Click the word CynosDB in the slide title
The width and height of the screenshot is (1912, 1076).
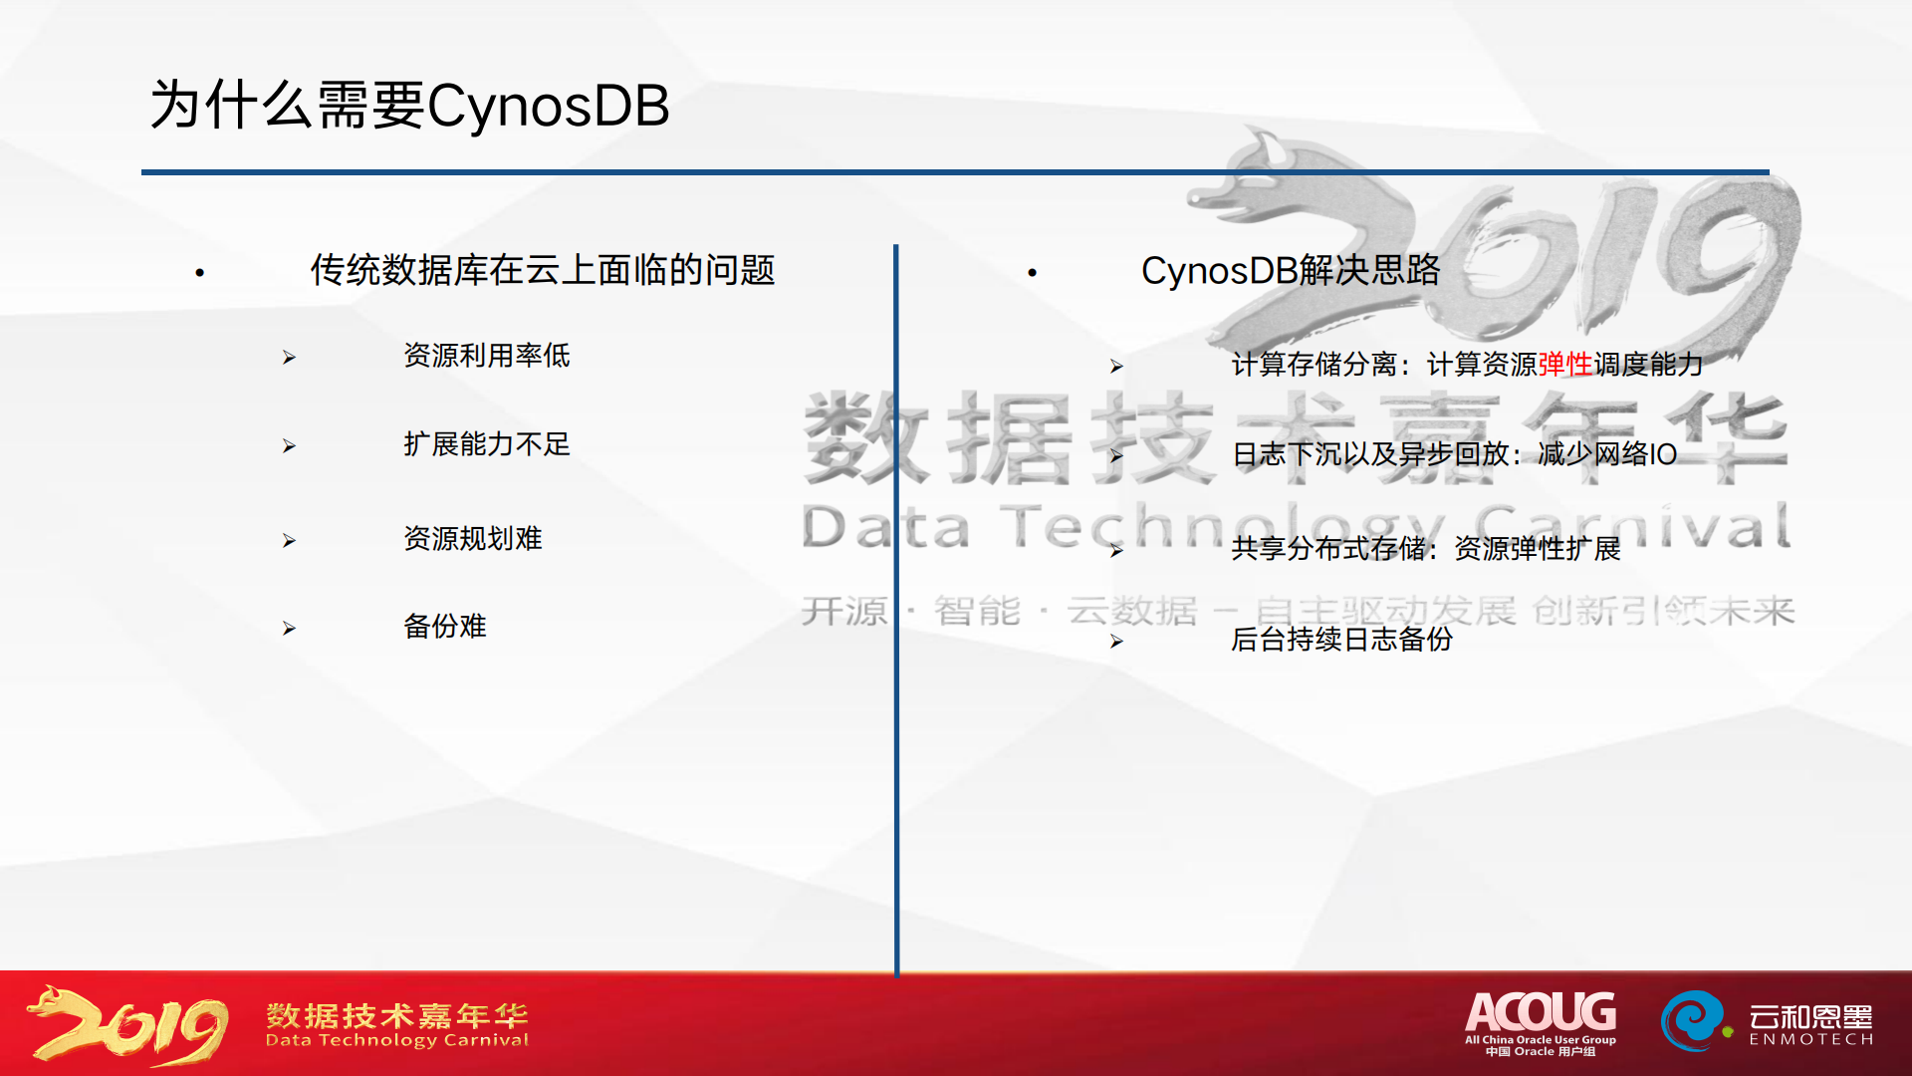click(x=548, y=107)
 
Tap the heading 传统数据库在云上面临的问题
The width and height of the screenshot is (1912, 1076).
click(x=543, y=270)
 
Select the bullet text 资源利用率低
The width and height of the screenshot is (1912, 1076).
click(x=487, y=356)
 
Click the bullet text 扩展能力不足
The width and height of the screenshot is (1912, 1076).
click(x=487, y=444)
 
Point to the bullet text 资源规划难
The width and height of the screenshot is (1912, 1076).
click(x=473, y=539)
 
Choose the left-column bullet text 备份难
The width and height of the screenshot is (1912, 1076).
click(x=445, y=627)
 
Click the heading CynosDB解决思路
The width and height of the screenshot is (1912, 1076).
click(x=1291, y=270)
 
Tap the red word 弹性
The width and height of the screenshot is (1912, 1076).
click(x=1565, y=365)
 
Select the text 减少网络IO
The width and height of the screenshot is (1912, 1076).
click(x=1607, y=454)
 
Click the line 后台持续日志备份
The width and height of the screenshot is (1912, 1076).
click(x=1342, y=640)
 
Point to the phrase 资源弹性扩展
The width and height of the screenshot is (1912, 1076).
click(x=1538, y=549)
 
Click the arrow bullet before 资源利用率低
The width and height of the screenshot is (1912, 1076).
click(x=289, y=357)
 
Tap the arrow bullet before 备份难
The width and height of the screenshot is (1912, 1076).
click(x=289, y=628)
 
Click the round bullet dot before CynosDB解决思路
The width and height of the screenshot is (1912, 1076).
click(x=1033, y=272)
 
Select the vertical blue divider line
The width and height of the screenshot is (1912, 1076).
click(x=896, y=610)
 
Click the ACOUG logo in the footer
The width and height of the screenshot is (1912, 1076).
click(x=1541, y=1022)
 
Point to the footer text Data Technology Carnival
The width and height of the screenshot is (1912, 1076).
click(x=397, y=1040)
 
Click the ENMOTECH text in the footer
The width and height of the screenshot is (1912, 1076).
click(x=1811, y=1039)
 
